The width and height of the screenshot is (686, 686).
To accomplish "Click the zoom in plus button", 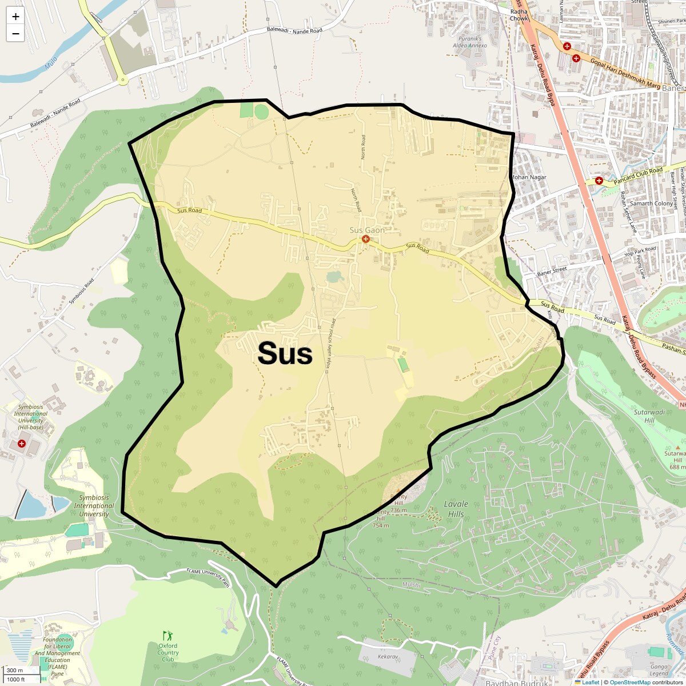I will (x=15, y=17).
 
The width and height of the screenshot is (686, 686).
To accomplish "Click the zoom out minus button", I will (x=15, y=33).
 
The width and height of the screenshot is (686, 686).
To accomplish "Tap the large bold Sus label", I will (x=285, y=353).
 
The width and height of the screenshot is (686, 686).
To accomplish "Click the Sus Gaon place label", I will (x=367, y=230).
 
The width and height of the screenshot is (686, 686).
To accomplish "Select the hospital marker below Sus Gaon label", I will (x=366, y=239).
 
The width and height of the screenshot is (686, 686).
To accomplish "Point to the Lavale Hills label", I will (x=456, y=509).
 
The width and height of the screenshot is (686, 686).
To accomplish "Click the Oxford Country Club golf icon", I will (x=167, y=636).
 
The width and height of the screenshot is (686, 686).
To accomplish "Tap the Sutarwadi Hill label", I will (x=649, y=416).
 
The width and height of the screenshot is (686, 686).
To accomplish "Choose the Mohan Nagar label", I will (x=529, y=177).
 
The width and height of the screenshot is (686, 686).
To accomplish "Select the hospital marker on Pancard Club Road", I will (x=599, y=181).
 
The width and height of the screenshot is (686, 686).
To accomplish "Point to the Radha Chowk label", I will (x=519, y=15).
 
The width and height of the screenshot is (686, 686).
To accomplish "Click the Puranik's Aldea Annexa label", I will (x=469, y=42).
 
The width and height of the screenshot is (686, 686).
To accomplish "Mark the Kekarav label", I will (x=388, y=657).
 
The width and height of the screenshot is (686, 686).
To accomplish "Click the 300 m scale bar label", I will (x=15, y=670).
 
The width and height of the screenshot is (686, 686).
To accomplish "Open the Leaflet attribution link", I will (x=590, y=682).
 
